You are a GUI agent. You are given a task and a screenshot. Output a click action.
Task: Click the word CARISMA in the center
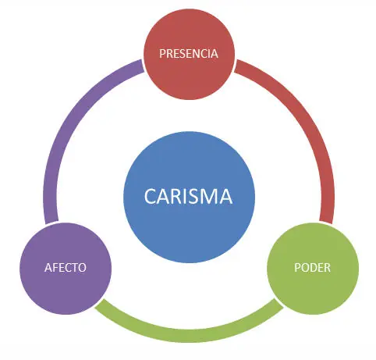coord(188,196)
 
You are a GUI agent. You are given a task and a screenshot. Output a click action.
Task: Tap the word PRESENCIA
coord(187,54)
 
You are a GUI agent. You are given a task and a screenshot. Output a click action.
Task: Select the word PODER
coord(312,267)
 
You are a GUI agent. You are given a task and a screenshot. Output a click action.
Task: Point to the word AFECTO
coord(65,267)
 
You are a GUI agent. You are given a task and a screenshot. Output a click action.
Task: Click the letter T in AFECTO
coord(75,267)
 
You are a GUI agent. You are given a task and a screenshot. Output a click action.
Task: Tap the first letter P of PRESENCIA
coord(162,54)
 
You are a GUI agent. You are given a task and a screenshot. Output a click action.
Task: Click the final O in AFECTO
coord(82,267)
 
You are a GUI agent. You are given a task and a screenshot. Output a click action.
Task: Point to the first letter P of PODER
coord(296,267)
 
